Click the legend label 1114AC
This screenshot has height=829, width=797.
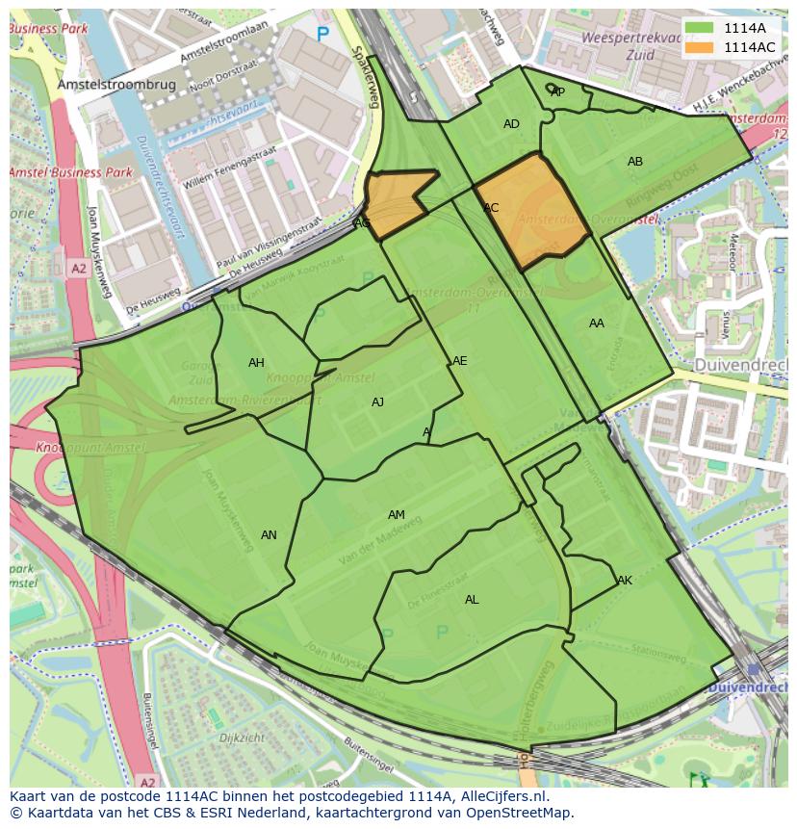(x=749, y=47)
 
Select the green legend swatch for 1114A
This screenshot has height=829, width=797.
(x=700, y=28)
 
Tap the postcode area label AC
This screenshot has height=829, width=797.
(x=491, y=208)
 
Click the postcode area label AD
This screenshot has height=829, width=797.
(x=511, y=124)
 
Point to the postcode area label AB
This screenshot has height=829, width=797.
(x=635, y=162)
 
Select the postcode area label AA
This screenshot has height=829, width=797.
(x=597, y=324)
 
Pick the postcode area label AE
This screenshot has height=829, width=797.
(x=460, y=361)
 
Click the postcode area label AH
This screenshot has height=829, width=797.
(x=256, y=363)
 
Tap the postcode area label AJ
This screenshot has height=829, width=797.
(x=378, y=402)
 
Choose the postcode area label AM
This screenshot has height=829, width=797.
(x=397, y=515)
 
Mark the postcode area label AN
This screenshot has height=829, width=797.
(x=269, y=535)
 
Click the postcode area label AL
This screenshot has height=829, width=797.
(x=472, y=600)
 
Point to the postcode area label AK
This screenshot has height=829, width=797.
(x=625, y=581)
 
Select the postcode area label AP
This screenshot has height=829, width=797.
(x=557, y=92)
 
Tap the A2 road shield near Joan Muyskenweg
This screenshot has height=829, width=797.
(x=78, y=271)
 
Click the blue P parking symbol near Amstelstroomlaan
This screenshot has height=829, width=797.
(x=322, y=35)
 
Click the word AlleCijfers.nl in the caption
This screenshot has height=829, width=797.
(x=500, y=796)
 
